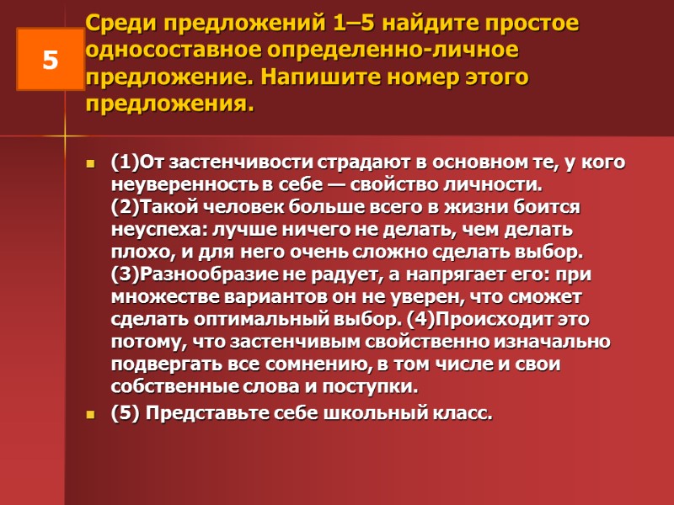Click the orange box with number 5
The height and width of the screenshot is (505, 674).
pyautogui.click(x=50, y=60)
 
